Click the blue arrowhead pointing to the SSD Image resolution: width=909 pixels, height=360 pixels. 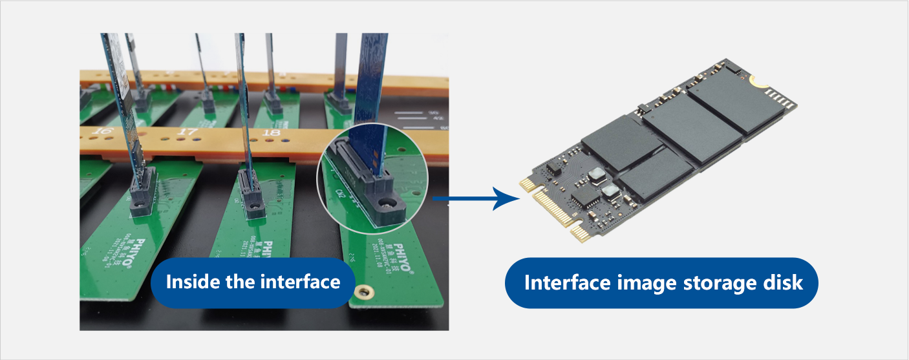[x=506, y=198]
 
